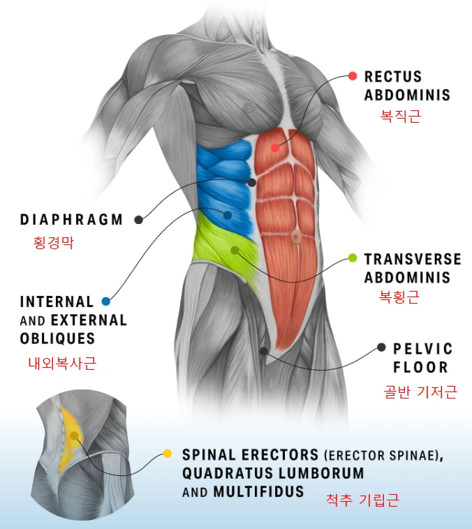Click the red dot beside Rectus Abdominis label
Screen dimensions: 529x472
[353, 76]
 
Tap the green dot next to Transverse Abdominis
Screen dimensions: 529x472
[353, 258]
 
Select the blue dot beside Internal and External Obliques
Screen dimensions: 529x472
[105, 301]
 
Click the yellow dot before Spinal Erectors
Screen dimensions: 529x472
[168, 454]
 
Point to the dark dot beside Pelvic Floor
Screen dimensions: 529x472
[381, 347]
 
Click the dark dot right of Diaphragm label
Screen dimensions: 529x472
[138, 219]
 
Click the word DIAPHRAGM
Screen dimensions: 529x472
[71, 219]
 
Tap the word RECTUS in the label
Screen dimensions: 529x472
[393, 77]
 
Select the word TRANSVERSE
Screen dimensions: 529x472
[413, 259]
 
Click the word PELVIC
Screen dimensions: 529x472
[422, 348]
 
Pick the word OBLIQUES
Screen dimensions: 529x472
[57, 338]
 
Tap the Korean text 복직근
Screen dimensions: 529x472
[400, 116]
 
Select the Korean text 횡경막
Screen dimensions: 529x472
[53, 243]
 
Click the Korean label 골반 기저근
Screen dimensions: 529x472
[420, 392]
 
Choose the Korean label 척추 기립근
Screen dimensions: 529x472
[362, 500]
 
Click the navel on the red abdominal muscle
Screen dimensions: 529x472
[296, 237]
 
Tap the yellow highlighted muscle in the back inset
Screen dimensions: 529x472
[70, 436]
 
